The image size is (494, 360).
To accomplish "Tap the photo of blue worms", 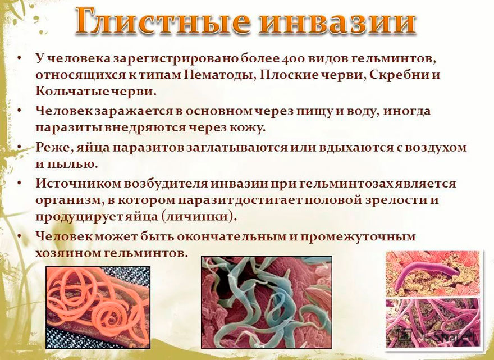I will [266, 302].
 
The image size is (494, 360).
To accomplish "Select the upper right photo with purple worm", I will [432, 273].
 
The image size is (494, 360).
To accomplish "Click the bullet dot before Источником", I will [19, 184].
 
